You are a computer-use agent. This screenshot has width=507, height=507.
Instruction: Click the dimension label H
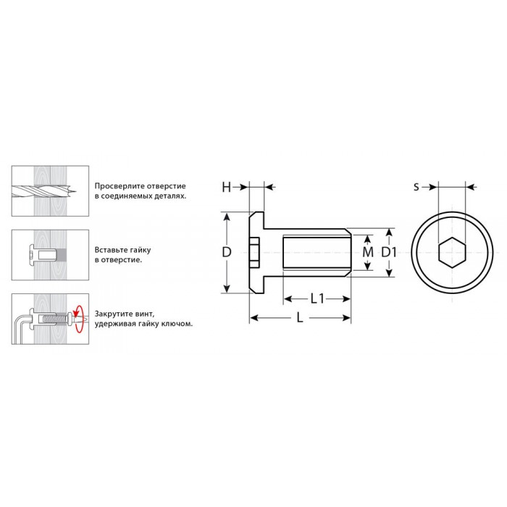(226, 187)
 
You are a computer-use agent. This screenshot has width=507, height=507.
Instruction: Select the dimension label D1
(388, 252)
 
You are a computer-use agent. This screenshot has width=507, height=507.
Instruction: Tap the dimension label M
(368, 252)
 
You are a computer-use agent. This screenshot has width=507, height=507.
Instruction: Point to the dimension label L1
(317, 298)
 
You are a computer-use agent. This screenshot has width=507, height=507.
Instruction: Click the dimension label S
(416, 187)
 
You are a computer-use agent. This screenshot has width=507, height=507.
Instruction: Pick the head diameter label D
(227, 252)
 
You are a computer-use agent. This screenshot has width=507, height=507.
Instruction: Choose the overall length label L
(300, 318)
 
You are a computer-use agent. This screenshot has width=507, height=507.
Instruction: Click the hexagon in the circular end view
(452, 252)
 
